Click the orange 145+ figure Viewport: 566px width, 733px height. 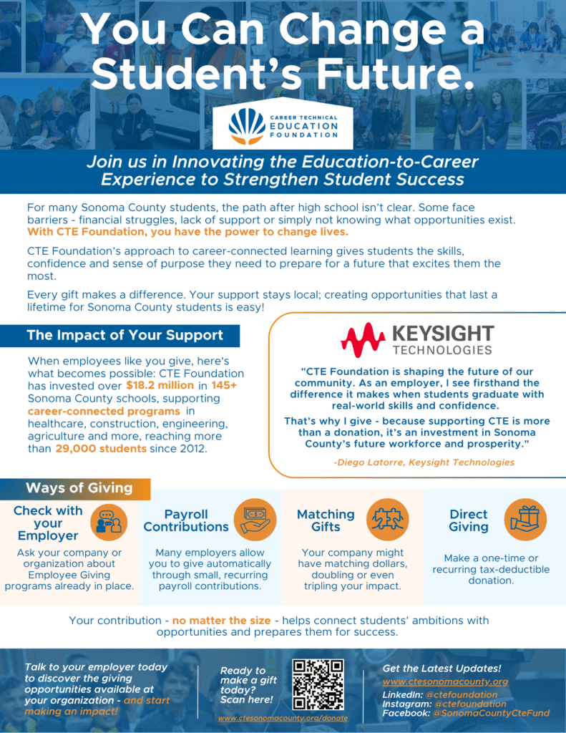(x=224, y=386)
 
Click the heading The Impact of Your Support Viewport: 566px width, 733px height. (x=125, y=335)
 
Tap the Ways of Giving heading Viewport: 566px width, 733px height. (x=79, y=488)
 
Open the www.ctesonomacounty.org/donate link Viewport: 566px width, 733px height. (x=283, y=717)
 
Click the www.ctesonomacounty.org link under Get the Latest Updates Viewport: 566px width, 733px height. (x=445, y=681)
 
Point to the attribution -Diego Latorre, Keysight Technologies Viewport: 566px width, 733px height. (x=424, y=462)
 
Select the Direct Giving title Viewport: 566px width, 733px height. (x=469, y=520)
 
